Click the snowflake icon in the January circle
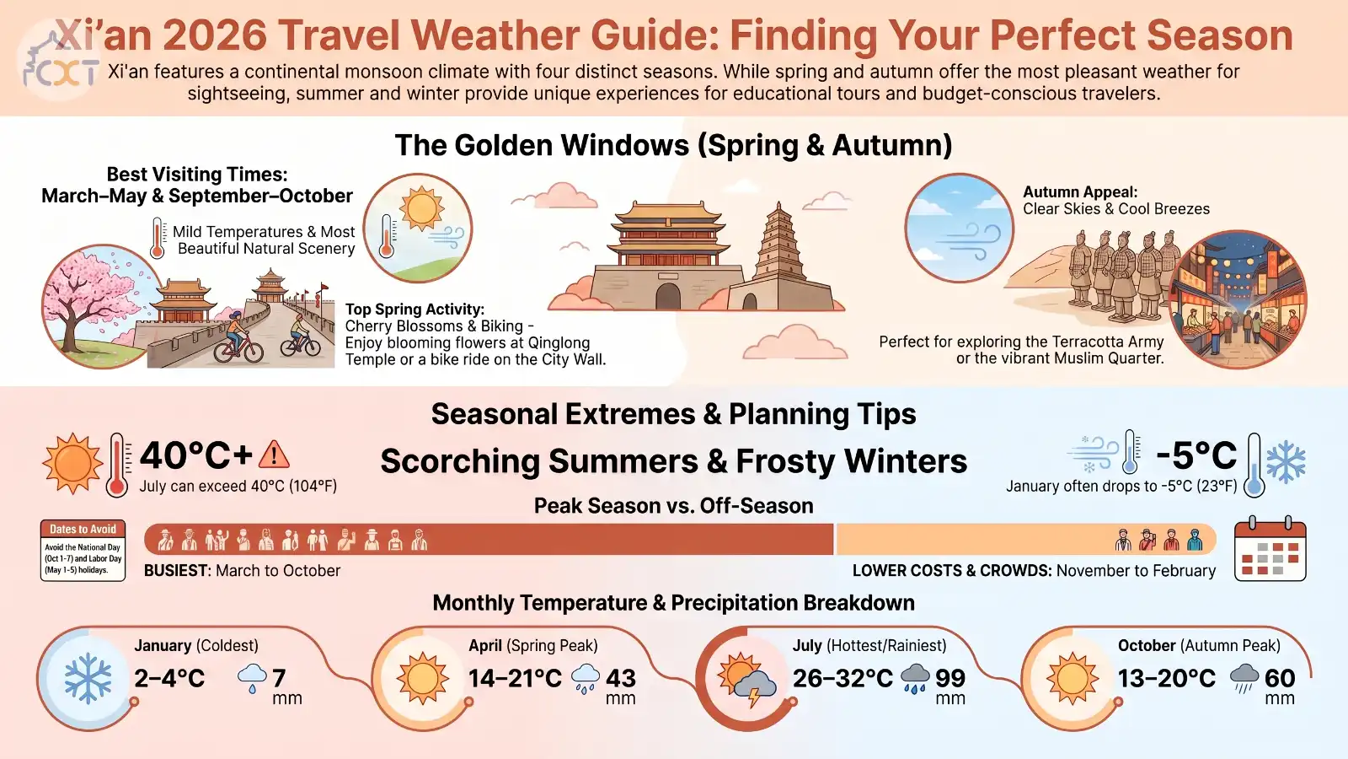(88, 678)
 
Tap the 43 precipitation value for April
(620, 678)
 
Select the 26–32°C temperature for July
(842, 678)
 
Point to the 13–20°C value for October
(1167, 678)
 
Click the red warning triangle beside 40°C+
(274, 455)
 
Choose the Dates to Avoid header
(83, 529)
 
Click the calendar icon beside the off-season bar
(1270, 548)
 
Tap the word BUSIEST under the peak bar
(176, 570)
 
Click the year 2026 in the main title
(214, 35)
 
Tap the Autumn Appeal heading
(1080, 192)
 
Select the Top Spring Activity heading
(415, 309)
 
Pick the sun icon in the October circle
(1073, 678)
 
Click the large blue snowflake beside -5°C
(1286, 462)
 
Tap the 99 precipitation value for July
(950, 678)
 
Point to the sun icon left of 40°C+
(72, 463)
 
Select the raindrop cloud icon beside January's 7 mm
(252, 678)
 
